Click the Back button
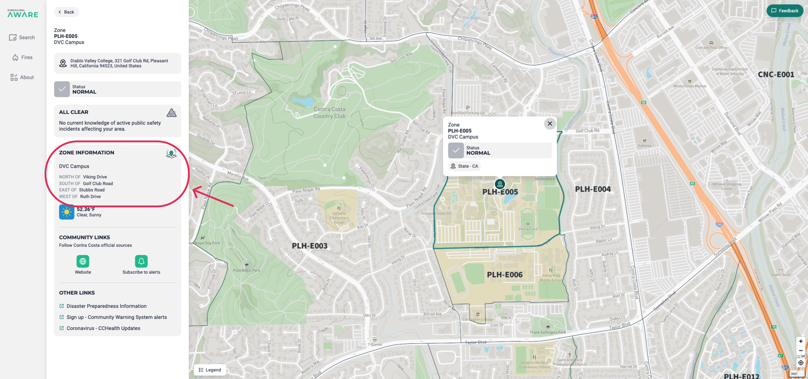point(66,12)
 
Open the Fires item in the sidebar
point(22,57)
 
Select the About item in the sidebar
point(22,77)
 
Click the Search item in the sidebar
point(22,37)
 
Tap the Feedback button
point(785,11)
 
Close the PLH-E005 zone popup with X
point(550,123)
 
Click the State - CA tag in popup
point(464,166)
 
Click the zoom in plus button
point(801,341)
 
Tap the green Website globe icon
point(83,261)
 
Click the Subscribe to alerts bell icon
point(141,261)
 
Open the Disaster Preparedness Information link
point(106,306)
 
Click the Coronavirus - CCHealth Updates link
point(103,328)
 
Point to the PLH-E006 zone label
point(505,275)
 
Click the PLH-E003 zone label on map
point(309,246)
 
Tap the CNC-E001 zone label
point(776,74)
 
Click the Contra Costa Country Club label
point(329,112)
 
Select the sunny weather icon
point(67,212)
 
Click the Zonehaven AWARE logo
point(23,14)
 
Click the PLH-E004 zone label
point(592,189)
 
